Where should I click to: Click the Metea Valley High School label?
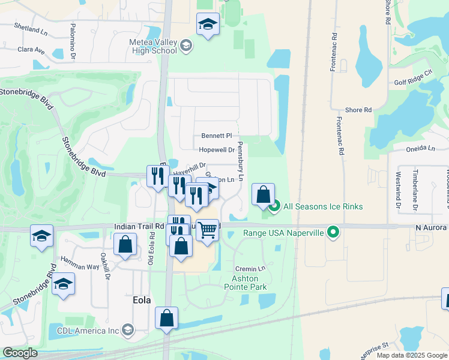click(152, 47)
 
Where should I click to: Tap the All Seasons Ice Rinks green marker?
click(275, 208)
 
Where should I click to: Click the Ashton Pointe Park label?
click(246, 283)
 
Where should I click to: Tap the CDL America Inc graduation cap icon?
click(127, 329)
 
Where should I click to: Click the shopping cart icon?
click(208, 229)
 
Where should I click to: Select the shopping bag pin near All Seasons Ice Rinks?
click(263, 194)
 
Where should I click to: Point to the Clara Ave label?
click(31, 50)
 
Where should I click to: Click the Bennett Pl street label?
click(216, 136)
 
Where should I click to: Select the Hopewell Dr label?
click(216, 150)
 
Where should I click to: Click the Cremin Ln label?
click(250, 269)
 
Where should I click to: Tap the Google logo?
click(20, 353)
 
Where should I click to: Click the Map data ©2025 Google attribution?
click(411, 355)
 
